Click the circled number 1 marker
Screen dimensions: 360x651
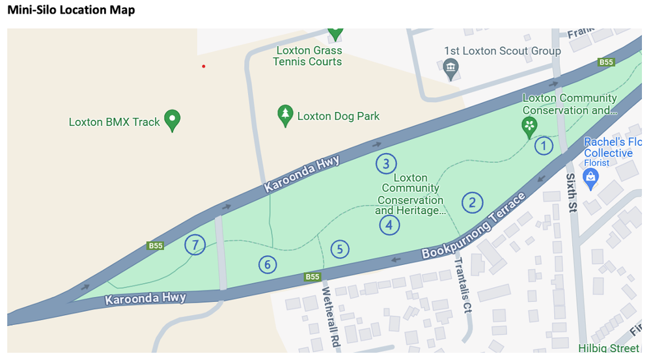pos(544,146)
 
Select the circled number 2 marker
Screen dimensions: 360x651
pos(472,202)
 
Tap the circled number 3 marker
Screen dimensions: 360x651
pos(386,163)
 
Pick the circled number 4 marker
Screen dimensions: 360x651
pos(389,225)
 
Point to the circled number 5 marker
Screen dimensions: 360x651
pos(339,249)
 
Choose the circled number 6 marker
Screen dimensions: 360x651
pos(267,264)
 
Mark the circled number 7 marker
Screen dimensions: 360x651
pos(195,245)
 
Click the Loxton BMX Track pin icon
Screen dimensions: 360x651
pos(172,120)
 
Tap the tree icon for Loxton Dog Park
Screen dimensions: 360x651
pos(284,115)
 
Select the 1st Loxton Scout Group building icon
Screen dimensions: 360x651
pos(450,67)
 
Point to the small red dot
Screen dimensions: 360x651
pos(204,66)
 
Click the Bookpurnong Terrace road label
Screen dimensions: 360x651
pos(473,226)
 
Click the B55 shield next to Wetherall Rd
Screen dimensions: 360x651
pos(313,277)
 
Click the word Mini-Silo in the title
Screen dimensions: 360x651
pos(31,10)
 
